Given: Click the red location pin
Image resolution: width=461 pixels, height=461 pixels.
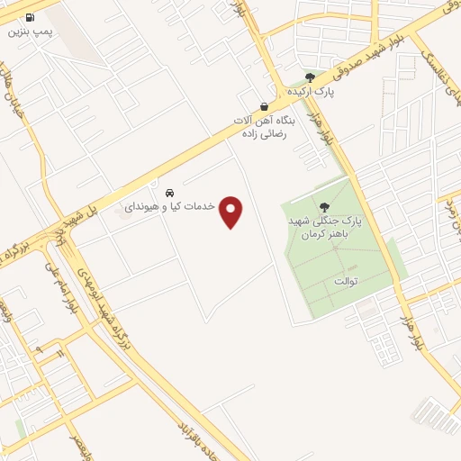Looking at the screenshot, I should coord(232,212).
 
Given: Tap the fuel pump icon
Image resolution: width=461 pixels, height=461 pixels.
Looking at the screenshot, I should coord(32,17).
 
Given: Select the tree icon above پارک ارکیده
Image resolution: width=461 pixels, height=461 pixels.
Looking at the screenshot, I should coord(311,77).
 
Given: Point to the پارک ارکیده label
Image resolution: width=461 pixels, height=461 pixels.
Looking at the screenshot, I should coord(311,92).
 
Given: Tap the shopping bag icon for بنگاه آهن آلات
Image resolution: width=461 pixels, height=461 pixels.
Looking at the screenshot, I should coord(263,105).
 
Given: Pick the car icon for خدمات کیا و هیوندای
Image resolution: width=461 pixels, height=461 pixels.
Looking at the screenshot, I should coord(169,193).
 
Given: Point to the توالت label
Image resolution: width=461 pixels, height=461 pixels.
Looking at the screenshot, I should coord(346,282).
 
